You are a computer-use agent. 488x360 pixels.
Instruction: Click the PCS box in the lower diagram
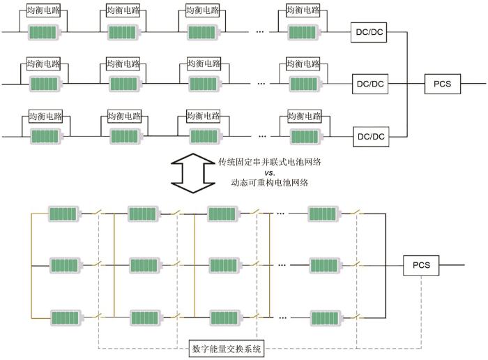421,265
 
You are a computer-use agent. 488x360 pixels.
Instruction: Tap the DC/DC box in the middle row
370,84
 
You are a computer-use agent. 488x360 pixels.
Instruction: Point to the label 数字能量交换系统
228,348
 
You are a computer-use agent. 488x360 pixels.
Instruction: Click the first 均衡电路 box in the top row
43,12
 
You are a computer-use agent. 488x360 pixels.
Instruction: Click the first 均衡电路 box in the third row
46,116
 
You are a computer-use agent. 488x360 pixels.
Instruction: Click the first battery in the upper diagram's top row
45,32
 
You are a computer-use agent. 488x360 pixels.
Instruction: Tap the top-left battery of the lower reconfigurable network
66,213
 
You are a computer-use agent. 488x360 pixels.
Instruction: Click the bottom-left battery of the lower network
66,318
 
